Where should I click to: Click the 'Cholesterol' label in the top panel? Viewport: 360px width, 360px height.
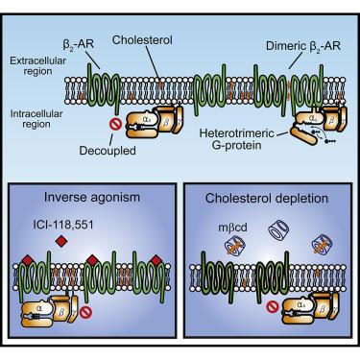coord(142,40)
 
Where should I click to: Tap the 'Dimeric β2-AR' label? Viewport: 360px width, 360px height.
coord(303,46)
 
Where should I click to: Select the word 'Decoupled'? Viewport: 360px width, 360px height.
coord(108,151)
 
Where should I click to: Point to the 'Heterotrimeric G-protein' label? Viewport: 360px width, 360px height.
coord(236,139)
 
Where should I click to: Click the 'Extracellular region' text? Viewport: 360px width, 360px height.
coord(38,66)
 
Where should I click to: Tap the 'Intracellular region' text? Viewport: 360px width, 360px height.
coord(36,119)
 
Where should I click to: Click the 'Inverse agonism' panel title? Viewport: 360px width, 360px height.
coord(92,197)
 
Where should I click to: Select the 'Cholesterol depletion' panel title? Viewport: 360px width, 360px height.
coord(267,198)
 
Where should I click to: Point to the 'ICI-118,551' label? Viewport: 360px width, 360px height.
coord(63,225)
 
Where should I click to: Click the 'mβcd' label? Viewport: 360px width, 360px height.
coord(233,228)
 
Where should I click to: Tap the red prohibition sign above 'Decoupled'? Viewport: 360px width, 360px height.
coord(114,124)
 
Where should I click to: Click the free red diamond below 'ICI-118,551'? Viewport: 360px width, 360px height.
coord(60,241)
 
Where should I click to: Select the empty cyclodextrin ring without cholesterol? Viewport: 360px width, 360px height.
coord(278,229)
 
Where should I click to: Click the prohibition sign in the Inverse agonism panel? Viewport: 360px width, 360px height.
coord(85,312)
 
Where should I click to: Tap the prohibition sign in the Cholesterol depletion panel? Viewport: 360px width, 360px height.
coord(273,307)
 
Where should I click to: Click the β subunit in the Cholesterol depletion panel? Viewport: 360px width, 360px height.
coord(322,308)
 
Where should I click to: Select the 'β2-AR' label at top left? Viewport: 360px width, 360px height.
coord(78,45)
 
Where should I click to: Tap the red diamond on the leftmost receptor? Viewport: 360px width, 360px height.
coord(28,260)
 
